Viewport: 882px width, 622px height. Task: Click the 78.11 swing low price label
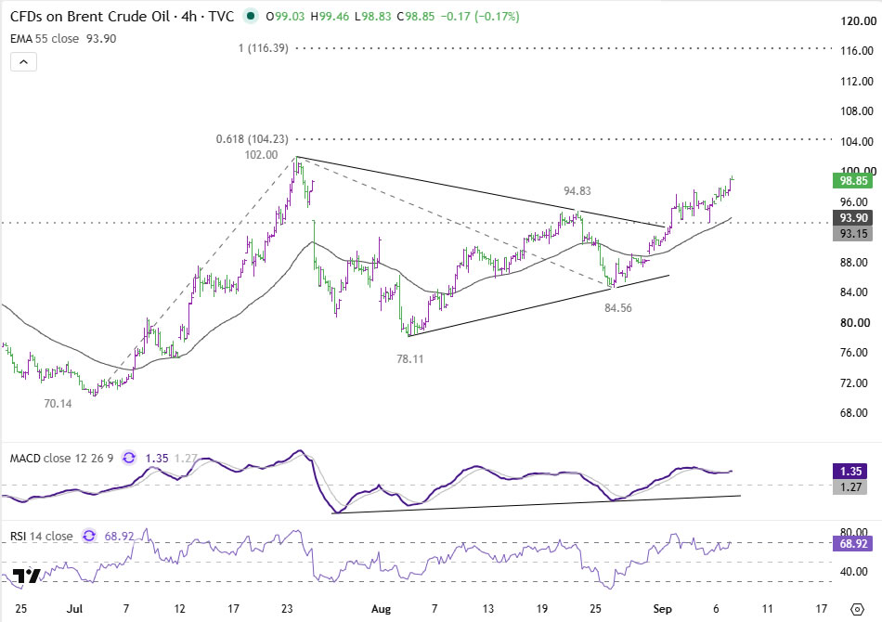pos(410,358)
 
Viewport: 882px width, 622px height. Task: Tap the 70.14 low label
pos(58,403)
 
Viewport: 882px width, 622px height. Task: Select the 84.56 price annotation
pos(618,307)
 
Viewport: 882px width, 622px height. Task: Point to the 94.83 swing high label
pos(577,190)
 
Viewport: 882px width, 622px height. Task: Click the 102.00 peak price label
pos(261,155)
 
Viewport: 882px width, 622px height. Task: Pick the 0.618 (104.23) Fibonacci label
pos(252,139)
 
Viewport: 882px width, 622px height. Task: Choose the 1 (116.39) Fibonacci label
pos(264,48)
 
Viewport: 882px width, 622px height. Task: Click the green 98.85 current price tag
pos(852,180)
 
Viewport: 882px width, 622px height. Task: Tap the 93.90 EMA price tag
pos(852,217)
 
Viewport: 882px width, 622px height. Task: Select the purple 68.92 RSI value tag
pos(852,543)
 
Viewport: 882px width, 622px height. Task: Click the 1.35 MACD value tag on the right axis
pos(852,472)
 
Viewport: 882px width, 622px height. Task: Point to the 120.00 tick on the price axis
pos(859,21)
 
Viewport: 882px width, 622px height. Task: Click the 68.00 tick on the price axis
pos(857,413)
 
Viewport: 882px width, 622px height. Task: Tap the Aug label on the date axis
pos(381,609)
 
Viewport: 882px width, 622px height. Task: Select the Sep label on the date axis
pos(663,609)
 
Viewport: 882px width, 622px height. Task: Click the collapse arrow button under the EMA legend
pos(23,62)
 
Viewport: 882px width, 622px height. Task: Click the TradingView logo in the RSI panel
pos(26,576)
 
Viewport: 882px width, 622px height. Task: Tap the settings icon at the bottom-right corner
pos(857,609)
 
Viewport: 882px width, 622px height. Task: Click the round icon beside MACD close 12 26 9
pos(129,458)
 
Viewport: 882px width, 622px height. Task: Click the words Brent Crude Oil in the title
pos(118,17)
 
